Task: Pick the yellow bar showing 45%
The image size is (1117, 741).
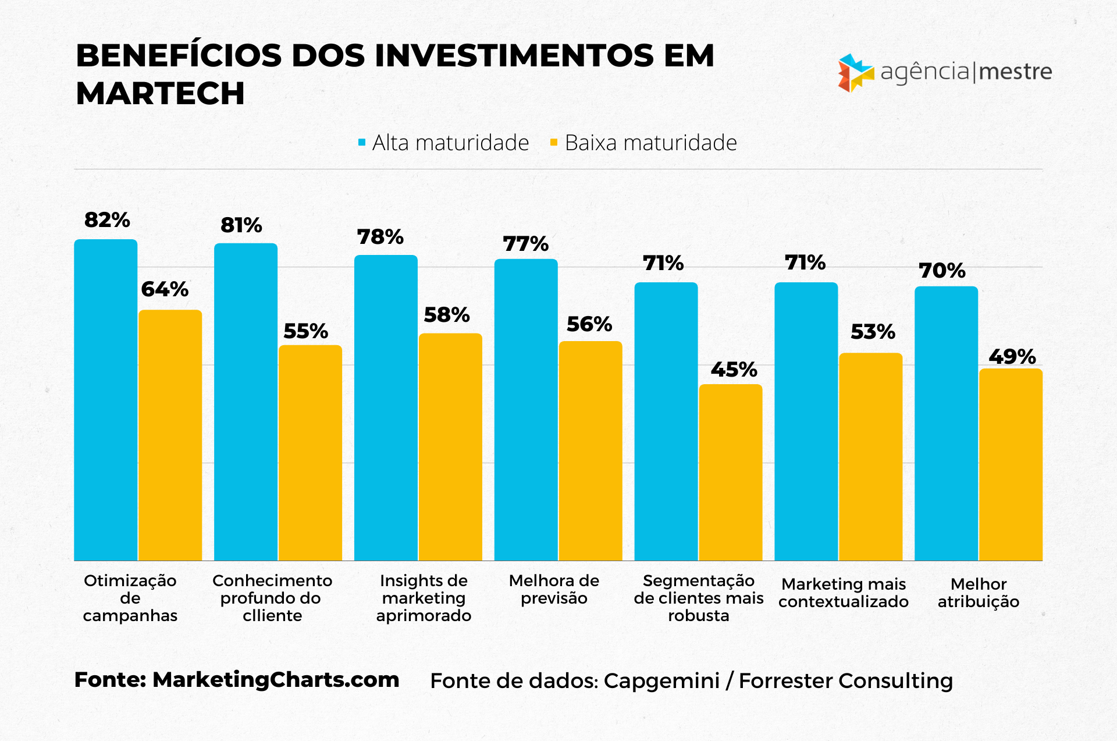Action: click(731, 472)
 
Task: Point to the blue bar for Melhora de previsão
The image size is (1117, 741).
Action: click(526, 410)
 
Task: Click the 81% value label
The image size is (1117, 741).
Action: click(241, 225)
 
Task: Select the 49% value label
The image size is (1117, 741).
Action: click(1012, 357)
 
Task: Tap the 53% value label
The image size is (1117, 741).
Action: click(873, 332)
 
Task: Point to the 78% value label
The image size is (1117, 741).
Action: click(380, 237)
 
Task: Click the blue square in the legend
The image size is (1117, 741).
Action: click(362, 143)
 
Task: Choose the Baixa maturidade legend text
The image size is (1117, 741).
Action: click(650, 143)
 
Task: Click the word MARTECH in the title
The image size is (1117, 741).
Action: click(160, 93)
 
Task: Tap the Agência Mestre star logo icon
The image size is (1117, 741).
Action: click(855, 73)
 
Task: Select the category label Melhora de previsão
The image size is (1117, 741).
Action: click(554, 589)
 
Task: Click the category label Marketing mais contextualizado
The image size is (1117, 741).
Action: click(844, 593)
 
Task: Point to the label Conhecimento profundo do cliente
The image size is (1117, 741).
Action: click(272, 598)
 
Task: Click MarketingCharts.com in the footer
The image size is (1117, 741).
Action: click(276, 680)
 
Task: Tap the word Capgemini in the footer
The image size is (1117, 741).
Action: click(661, 680)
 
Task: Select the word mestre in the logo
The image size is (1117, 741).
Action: click(1016, 72)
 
